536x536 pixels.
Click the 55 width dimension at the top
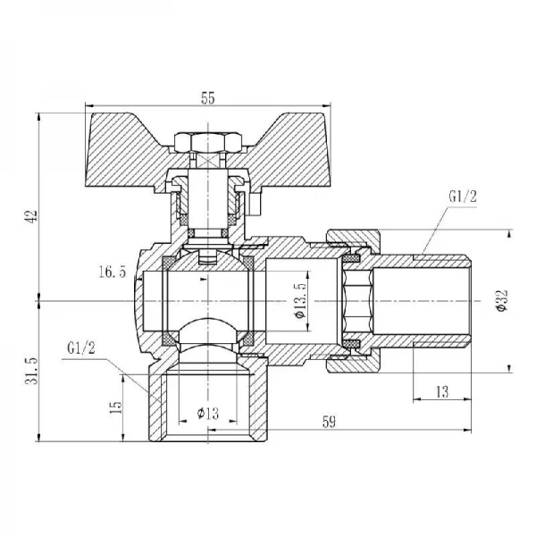coord(208,98)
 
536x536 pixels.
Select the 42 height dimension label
coord(31,216)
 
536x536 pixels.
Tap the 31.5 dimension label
coord(31,371)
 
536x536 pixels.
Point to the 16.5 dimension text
coord(113,272)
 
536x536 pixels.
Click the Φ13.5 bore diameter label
coord(300,300)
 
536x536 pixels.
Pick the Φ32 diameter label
coord(502,301)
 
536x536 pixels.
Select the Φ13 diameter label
coord(208,414)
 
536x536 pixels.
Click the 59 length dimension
coord(329,422)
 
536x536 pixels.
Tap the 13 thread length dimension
coord(442,392)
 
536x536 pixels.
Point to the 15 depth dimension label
coord(115,407)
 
